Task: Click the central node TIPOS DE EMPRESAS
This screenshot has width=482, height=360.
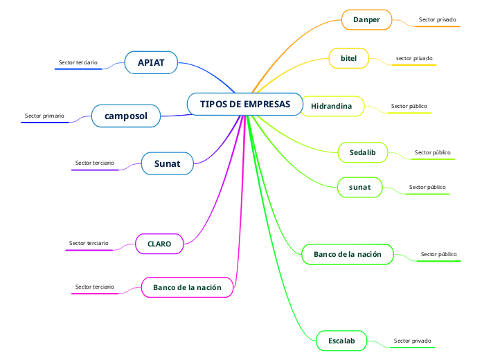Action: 245,104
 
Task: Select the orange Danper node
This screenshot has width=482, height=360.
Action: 366,19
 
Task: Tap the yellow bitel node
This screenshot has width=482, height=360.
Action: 348,58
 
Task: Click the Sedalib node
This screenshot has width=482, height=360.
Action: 362,152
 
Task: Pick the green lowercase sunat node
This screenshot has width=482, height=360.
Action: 359,187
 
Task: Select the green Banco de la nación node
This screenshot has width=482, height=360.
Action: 348,254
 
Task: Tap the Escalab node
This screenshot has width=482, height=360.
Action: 341,341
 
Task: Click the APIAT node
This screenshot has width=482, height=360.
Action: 151,62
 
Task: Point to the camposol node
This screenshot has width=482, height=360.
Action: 126,116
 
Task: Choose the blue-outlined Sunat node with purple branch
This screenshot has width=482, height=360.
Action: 167,163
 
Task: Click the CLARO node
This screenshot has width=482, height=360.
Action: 159,244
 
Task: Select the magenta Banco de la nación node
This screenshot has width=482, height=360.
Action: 187,287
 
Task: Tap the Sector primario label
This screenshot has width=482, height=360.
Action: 44,116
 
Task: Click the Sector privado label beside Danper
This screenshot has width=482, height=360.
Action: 437,19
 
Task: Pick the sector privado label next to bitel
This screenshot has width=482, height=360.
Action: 414,58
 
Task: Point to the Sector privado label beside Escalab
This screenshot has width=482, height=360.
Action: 412,341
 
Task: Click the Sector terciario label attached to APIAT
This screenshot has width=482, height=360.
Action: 78,62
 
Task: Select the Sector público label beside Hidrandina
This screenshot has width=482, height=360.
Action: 409,106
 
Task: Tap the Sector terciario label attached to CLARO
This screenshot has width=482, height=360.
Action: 89,243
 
